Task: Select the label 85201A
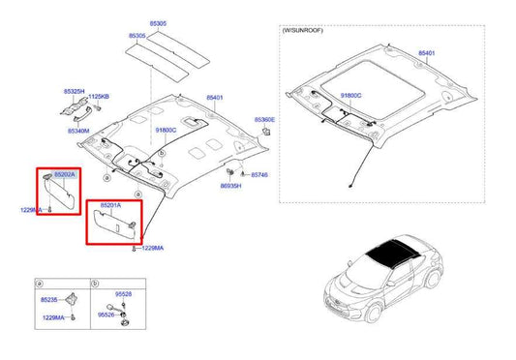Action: tap(113, 205)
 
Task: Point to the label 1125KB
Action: tap(99, 98)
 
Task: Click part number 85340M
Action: tap(78, 130)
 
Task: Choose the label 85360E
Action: tap(264, 120)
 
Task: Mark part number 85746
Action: tap(259, 175)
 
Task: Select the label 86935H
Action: tap(230, 184)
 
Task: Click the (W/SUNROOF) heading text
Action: tap(305, 32)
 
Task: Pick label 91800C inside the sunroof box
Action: tap(350, 95)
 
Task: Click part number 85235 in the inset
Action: tap(48, 300)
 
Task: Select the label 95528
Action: tap(122, 293)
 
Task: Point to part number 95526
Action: tap(105, 315)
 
